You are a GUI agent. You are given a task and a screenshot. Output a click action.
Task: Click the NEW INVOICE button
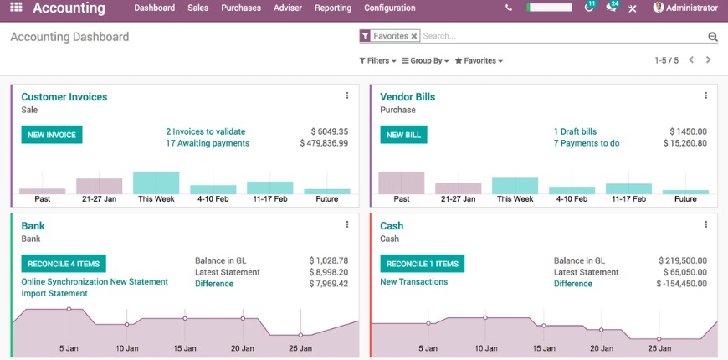pyautogui.click(x=52, y=135)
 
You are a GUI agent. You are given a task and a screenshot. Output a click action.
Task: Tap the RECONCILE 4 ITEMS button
pyautogui.click(x=64, y=264)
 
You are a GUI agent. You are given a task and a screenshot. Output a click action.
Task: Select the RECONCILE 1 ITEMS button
pyautogui.click(x=423, y=264)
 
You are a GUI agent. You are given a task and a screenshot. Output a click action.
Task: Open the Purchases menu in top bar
pyautogui.click(x=241, y=8)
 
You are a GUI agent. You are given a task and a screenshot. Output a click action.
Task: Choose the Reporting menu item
pyautogui.click(x=333, y=8)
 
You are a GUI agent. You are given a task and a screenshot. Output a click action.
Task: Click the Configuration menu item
pyautogui.click(x=390, y=8)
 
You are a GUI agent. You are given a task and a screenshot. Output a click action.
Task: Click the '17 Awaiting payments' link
pyautogui.click(x=208, y=143)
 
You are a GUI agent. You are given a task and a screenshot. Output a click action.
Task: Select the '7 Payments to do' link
pyautogui.click(x=587, y=143)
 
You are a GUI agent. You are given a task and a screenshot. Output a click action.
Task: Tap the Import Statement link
pyautogui.click(x=54, y=294)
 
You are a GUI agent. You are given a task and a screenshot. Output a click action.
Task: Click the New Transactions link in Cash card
pyautogui.click(x=414, y=282)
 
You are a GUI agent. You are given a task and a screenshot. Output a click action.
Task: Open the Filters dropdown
pyautogui.click(x=377, y=61)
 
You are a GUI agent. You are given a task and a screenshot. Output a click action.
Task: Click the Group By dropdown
pyautogui.click(x=425, y=61)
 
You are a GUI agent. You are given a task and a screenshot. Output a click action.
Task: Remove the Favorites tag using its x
pyautogui.click(x=414, y=37)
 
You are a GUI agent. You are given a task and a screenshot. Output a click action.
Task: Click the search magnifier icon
pyautogui.click(x=713, y=37)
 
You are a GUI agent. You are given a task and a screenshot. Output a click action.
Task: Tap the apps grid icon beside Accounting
pyautogui.click(x=16, y=8)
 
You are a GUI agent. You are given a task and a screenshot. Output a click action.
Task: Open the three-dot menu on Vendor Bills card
pyautogui.click(x=706, y=95)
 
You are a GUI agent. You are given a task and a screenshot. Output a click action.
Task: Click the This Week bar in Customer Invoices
pyautogui.click(x=156, y=183)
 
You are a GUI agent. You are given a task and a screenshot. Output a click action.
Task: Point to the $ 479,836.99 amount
pyautogui.click(x=324, y=143)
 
